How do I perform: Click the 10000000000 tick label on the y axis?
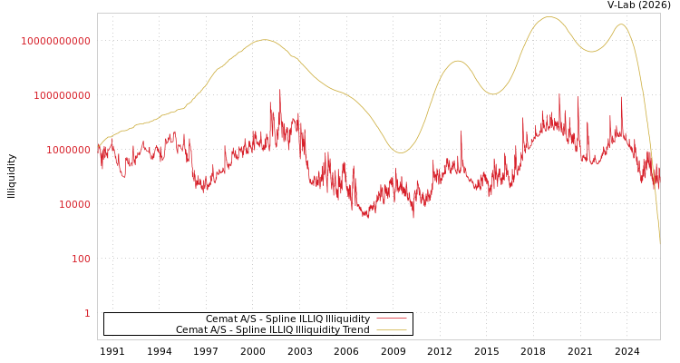55,41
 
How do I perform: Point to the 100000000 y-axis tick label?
62,95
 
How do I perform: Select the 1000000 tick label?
68,150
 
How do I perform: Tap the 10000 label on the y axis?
74,204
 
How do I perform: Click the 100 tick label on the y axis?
81,259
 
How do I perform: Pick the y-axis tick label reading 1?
87,313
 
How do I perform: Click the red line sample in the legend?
391,319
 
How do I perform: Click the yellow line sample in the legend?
391,330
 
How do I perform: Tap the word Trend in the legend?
355,330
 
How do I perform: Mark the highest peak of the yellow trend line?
549,16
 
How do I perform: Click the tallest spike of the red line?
279,89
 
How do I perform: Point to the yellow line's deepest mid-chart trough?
401,152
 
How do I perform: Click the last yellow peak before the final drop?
621,25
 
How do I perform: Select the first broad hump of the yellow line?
264,40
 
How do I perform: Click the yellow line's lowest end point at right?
660,243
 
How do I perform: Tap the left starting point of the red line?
99,148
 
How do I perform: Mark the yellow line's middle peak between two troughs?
458,61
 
